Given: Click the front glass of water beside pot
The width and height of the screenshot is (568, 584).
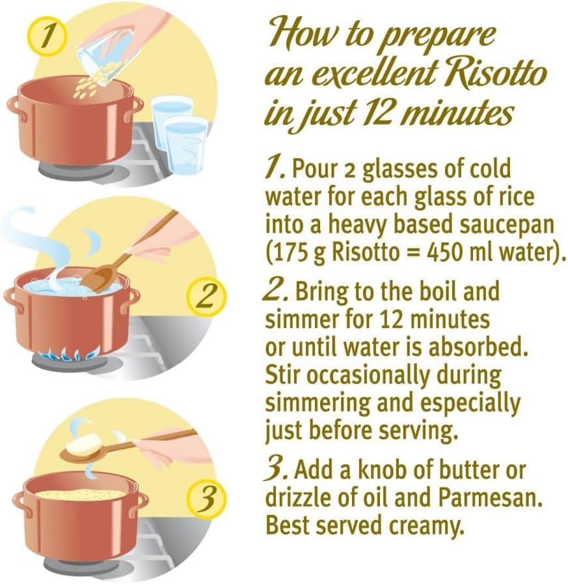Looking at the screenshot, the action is [185, 145].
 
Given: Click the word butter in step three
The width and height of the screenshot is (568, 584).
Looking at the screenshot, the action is [466, 470].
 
